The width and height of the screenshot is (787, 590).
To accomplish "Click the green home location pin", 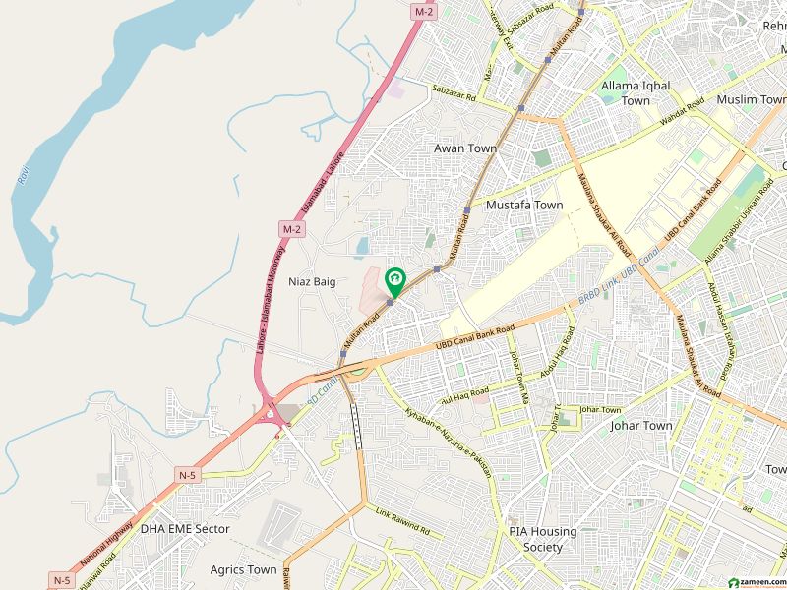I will [395, 282].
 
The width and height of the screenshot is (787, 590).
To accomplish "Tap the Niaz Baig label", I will [312, 282].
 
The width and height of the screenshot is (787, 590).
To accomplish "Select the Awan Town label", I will [465, 148].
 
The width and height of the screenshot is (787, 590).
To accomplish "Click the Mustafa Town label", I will [524, 206].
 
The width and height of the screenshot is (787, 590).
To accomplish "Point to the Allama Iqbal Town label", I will [636, 93].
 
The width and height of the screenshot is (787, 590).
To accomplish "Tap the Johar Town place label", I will [641, 426].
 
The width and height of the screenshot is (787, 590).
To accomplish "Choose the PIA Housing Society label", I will [542, 539].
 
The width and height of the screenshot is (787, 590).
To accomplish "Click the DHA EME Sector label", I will [185, 529].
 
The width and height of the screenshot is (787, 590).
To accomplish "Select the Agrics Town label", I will [243, 569].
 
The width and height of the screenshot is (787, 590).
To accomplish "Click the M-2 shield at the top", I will [424, 11].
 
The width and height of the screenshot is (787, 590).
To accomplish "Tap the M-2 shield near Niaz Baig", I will [291, 229].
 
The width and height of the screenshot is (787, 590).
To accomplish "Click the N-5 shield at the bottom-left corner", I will [62, 580].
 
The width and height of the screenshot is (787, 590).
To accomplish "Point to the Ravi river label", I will [22, 176].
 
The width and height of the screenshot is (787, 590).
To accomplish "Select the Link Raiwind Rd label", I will [403, 521].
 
